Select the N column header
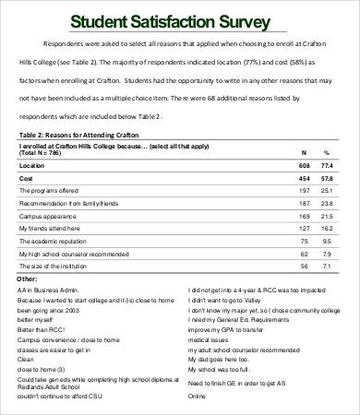(x=305, y=151)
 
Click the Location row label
(x=32, y=163)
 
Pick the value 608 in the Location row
(x=304, y=163)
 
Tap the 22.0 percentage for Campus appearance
(x=325, y=214)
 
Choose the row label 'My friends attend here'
(x=50, y=227)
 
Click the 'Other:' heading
(x=28, y=277)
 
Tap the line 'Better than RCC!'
(x=42, y=327)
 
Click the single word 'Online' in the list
(x=198, y=396)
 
